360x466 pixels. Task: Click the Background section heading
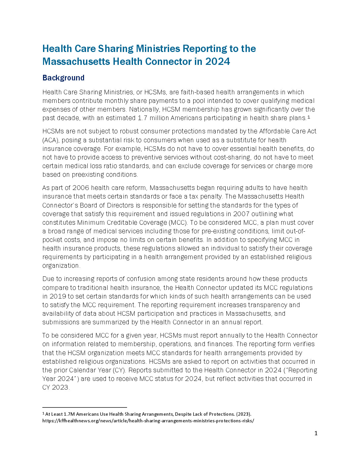pos(63,78)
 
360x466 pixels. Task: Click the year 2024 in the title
pos(217,62)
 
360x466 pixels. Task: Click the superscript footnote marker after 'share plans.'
pos(308,117)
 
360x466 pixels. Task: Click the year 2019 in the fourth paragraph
pos(58,296)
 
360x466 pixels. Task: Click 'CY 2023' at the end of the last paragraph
pos(55,387)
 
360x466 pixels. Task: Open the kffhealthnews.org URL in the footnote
pos(148,421)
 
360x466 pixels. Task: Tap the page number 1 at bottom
pos(316,433)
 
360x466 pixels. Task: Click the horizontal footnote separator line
pos(84,407)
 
